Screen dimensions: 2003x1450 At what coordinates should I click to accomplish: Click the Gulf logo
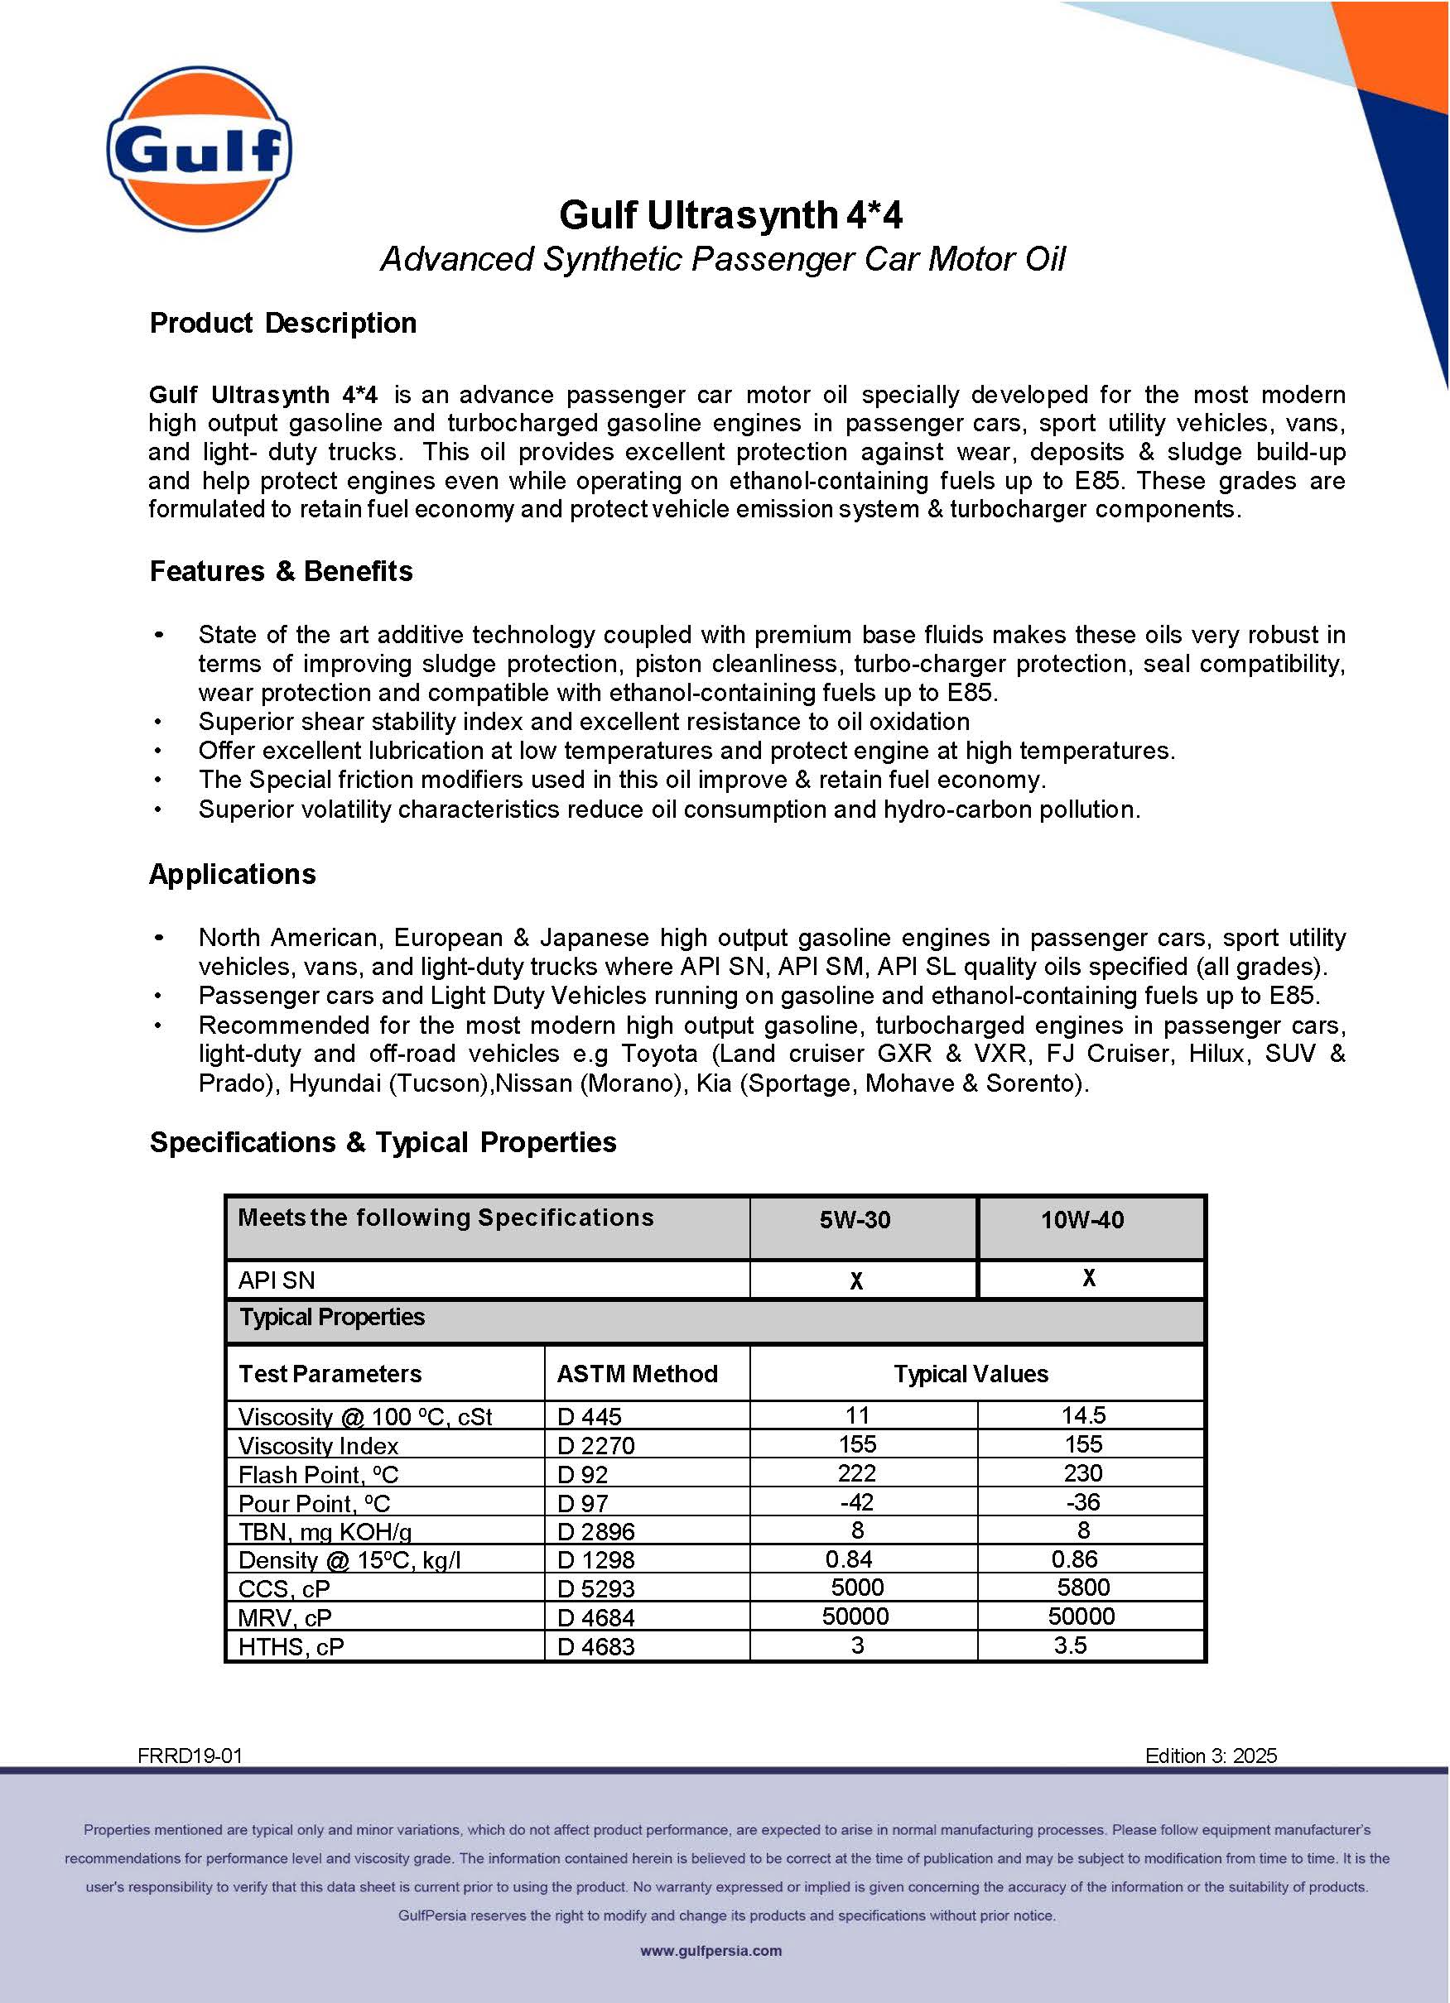tap(199, 148)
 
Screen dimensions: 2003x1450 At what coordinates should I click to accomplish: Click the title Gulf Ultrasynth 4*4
tap(730, 214)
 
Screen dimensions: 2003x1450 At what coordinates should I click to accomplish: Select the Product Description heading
tap(282, 324)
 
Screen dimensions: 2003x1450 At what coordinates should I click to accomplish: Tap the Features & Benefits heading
tap(281, 571)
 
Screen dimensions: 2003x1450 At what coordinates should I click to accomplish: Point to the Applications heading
tap(233, 874)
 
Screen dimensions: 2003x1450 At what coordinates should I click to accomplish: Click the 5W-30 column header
tap(855, 1220)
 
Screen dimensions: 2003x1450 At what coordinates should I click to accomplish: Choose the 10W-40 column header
tap(1081, 1220)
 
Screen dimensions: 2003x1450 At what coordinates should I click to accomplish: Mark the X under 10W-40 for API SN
tap(1089, 1278)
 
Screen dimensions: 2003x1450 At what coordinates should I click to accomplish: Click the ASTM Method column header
tap(637, 1373)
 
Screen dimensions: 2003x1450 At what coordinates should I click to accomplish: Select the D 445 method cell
tap(590, 1416)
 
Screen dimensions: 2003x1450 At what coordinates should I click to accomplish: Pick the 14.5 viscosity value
tap(1083, 1415)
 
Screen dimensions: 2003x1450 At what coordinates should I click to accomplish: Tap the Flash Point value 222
tap(856, 1473)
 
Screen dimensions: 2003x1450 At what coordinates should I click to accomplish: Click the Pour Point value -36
tap(1082, 1501)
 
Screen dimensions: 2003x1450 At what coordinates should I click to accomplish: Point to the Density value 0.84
tap(848, 1559)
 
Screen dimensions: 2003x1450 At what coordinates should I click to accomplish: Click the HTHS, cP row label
tap(291, 1646)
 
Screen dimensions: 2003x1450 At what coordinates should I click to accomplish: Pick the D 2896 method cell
tap(595, 1531)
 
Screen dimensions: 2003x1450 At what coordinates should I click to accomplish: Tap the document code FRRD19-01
tap(190, 1756)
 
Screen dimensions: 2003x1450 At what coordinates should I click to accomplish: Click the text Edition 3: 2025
tap(1211, 1756)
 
